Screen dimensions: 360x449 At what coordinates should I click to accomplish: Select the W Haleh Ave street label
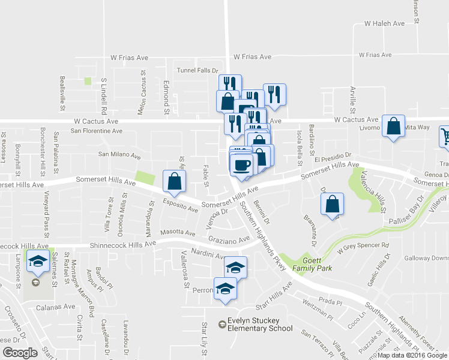click(385, 23)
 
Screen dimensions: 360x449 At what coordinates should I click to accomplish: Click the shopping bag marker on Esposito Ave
click(173, 182)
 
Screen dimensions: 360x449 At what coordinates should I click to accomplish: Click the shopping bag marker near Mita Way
click(393, 127)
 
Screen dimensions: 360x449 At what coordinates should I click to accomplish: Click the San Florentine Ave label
click(96, 130)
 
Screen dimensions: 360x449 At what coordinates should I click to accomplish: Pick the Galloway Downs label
click(427, 258)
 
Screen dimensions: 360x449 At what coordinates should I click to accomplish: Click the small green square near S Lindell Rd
click(88, 81)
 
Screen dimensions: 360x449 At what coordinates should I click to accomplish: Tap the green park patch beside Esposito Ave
click(144, 178)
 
